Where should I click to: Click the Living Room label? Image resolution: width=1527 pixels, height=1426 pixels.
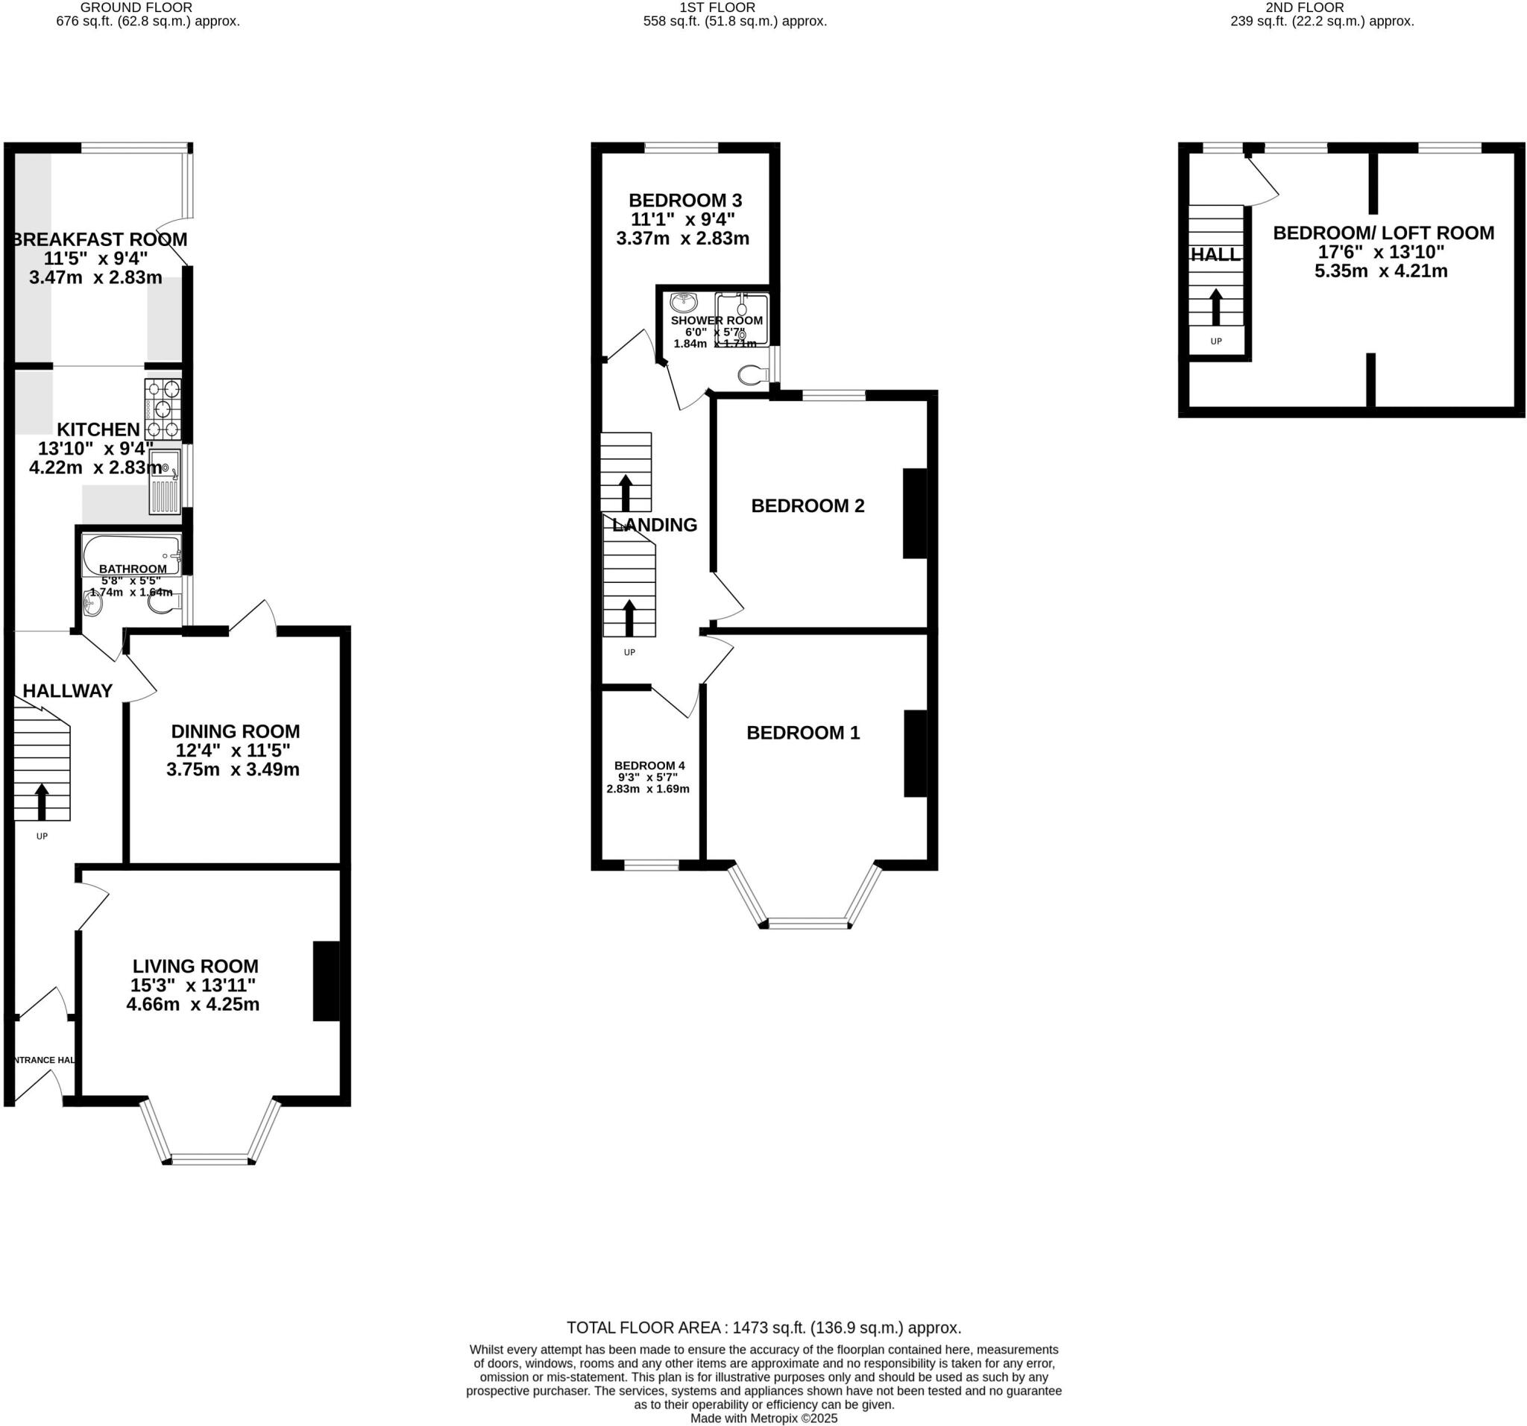tap(195, 966)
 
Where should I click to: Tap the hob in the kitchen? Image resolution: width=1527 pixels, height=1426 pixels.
tap(163, 409)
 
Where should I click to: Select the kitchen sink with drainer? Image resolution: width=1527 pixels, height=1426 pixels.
tap(165, 482)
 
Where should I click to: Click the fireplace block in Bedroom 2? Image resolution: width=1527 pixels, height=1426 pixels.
tap(914, 513)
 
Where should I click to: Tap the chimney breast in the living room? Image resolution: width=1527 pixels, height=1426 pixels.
tap(326, 981)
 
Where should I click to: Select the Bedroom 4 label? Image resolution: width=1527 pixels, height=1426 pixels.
tap(649, 766)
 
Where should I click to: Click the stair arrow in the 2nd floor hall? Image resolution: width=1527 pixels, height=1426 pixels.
tap(1216, 307)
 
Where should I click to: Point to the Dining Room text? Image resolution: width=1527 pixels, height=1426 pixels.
tap(235, 731)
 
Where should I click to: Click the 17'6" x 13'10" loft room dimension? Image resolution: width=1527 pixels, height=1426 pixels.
tap(1381, 252)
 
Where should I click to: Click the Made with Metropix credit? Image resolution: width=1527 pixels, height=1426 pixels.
tap(763, 1419)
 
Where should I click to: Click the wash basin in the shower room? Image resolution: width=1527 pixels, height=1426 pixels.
tap(683, 302)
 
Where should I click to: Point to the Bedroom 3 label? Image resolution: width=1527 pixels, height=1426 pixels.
tap(685, 201)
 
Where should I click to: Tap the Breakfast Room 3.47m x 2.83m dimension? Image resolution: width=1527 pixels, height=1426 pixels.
tap(96, 277)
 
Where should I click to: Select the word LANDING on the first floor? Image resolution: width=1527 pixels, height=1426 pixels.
tap(655, 525)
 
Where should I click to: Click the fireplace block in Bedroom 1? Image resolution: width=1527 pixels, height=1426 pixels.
tap(915, 754)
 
